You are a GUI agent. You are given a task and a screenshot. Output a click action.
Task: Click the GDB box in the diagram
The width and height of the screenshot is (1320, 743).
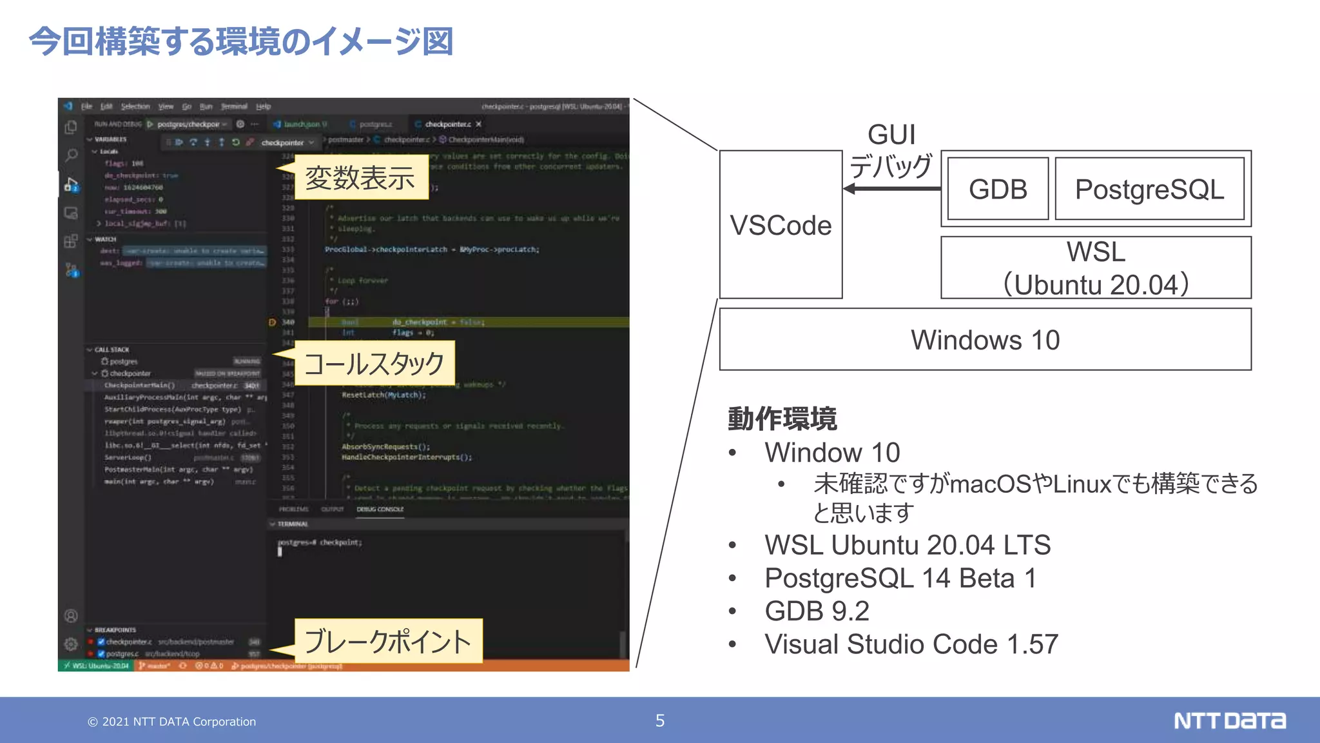point(998,189)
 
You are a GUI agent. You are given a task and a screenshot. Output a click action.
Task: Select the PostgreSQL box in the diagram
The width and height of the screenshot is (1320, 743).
point(1149,189)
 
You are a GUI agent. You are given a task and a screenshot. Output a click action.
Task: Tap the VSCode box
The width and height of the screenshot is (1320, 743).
point(781,224)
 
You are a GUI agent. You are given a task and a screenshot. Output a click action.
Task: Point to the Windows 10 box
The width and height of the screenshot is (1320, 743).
point(985,339)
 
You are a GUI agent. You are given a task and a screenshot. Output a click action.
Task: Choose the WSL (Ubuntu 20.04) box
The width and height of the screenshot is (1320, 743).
point(1096,268)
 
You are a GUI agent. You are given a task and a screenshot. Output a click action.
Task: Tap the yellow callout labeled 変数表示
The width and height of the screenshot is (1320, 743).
point(360,177)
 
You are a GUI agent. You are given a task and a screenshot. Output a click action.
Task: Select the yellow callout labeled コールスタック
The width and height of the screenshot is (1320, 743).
point(374,363)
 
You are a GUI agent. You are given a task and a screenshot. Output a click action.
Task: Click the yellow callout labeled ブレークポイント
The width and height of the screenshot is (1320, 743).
point(387,641)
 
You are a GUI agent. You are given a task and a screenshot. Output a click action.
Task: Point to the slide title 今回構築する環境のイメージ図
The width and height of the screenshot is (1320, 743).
point(241,41)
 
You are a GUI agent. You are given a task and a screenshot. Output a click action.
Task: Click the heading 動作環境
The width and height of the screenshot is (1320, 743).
point(782,419)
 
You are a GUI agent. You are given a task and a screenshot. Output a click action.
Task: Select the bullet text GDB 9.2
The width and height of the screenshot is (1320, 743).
point(817,611)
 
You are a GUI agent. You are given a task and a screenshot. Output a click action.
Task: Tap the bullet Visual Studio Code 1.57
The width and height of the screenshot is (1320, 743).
point(911,644)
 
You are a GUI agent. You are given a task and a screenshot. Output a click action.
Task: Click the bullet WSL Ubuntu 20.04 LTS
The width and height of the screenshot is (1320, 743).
point(907,545)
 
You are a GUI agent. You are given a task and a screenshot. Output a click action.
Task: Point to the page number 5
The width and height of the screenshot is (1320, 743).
point(660,720)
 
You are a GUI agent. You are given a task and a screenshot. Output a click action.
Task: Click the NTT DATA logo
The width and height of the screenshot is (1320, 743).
point(1229,720)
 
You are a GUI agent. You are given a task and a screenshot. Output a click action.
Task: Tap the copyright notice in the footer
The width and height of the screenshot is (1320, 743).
point(172,722)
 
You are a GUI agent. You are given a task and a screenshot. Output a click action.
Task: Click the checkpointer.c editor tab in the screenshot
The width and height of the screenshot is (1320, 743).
point(447,124)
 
